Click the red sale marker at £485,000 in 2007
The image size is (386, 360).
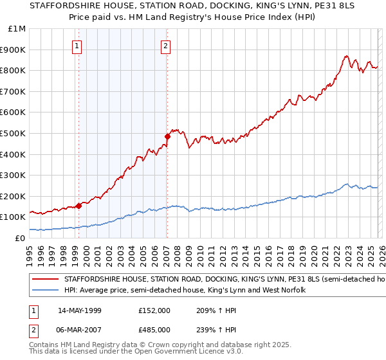[167, 136]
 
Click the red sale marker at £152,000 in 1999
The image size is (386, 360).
[78, 206]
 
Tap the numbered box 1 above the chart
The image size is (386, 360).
[77, 46]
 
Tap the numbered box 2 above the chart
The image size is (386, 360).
[166, 46]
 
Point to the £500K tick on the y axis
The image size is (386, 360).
[13, 133]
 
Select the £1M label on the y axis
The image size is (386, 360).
[17, 28]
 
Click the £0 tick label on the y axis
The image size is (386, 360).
[21, 238]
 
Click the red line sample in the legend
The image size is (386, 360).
[46, 280]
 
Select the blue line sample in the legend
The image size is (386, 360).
[46, 291]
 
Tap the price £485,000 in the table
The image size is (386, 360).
[154, 329]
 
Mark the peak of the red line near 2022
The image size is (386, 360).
[346, 55]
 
